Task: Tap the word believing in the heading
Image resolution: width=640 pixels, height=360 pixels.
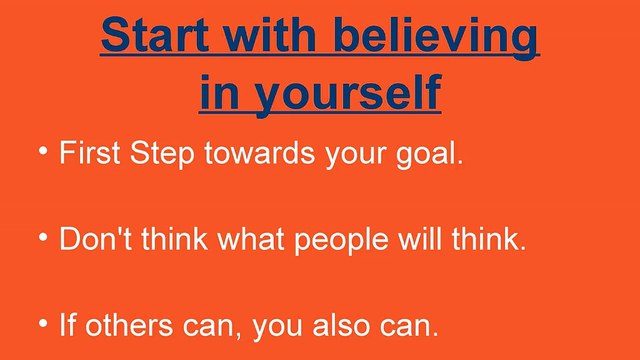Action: tap(437, 38)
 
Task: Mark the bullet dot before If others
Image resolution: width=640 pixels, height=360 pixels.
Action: tap(44, 324)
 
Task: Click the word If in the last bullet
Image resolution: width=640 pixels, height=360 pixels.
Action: tap(67, 327)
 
